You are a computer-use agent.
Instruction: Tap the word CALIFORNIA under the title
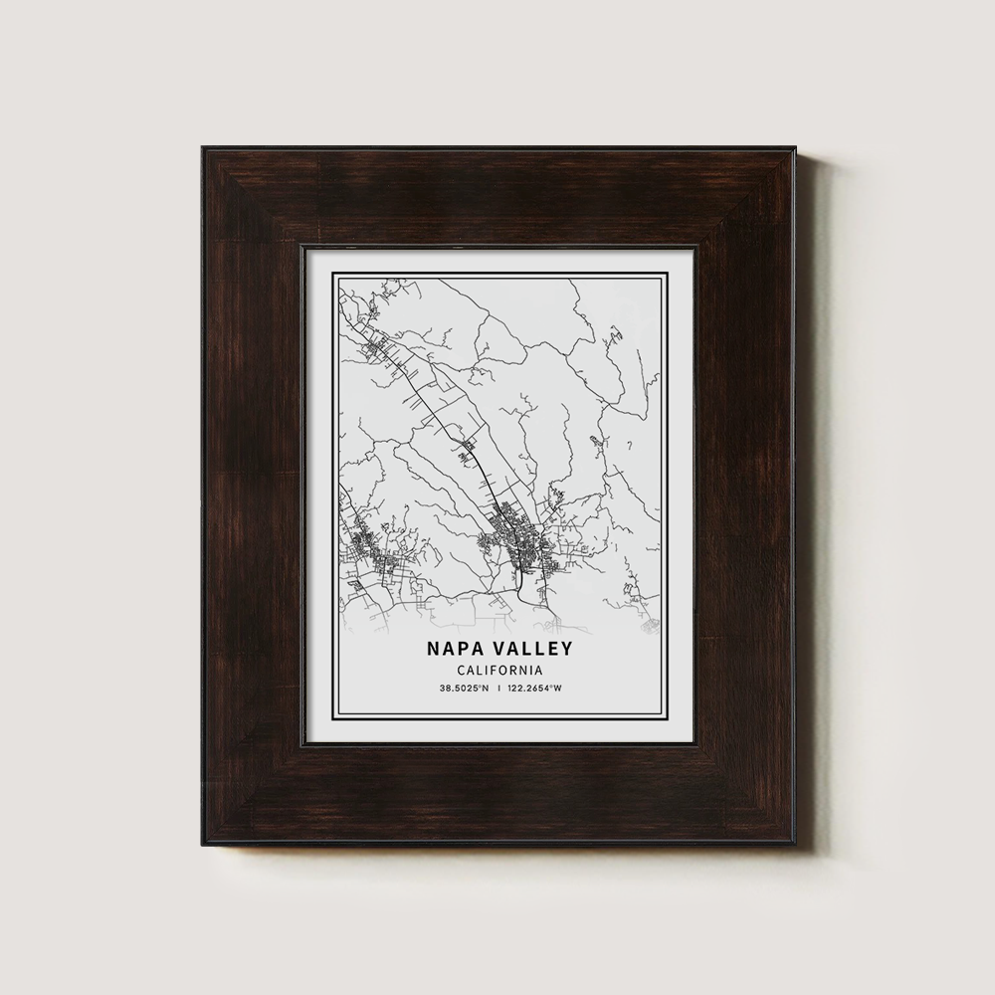point(499,670)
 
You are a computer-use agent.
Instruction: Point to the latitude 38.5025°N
point(463,689)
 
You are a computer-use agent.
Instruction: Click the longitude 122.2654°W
point(534,689)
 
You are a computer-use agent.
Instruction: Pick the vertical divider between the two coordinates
point(498,689)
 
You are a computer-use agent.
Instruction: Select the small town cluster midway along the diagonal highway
point(467,448)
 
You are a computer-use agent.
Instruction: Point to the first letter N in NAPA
point(435,648)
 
